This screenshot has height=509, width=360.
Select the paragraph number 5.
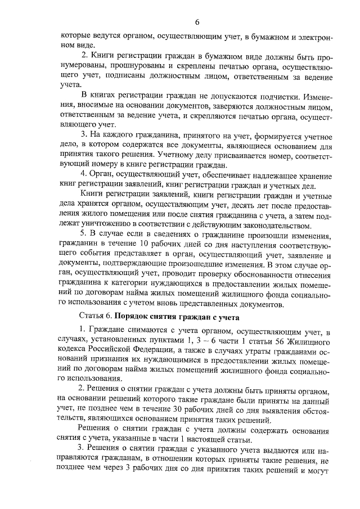(x=83, y=235)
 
